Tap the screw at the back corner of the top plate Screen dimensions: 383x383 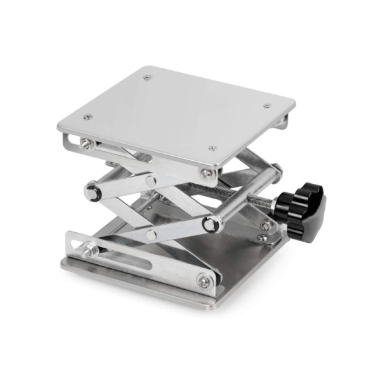[148, 77]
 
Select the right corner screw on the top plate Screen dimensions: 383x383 [267, 106]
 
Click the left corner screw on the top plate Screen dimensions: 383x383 [88, 117]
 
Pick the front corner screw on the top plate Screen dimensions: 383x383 [213, 149]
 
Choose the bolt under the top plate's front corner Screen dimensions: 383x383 [206, 173]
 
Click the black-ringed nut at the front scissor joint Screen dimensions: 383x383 [210, 223]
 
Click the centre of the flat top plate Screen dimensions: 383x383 [177, 110]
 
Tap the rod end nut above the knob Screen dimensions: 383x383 [276, 170]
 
